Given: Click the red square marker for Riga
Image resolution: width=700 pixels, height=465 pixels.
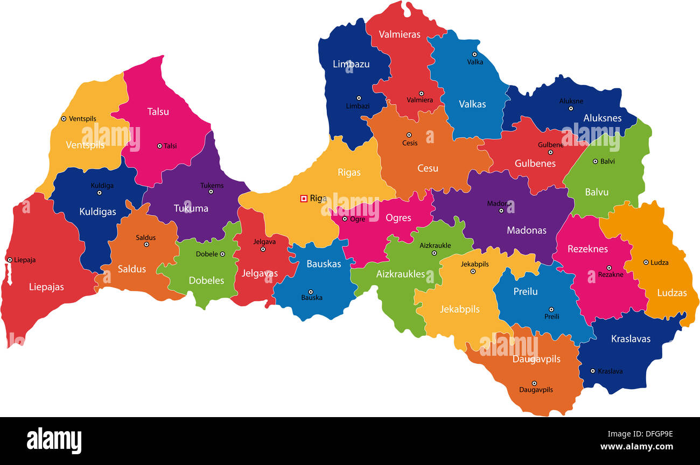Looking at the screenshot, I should [304, 199].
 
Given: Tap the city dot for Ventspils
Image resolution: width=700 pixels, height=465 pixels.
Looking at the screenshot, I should [64, 118].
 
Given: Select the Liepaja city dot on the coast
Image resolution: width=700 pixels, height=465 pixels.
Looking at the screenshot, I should [10, 260].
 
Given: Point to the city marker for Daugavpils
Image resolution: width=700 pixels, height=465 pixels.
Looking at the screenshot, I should [534, 383].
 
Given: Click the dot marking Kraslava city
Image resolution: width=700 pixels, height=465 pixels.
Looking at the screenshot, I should [592, 371].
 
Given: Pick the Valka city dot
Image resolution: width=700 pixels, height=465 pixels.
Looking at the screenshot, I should [474, 54].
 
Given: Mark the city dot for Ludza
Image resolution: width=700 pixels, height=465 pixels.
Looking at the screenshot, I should [646, 263].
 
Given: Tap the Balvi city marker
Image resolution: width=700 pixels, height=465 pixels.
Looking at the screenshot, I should [595, 161].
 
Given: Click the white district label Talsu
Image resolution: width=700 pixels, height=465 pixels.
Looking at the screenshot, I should [158, 111].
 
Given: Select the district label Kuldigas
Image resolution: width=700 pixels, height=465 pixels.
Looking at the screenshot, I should [97, 212].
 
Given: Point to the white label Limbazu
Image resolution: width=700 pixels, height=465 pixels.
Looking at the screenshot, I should [351, 64].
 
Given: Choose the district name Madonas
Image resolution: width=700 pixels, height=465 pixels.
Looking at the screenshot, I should [526, 230].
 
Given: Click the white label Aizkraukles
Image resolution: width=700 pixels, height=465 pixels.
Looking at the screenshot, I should [400, 274].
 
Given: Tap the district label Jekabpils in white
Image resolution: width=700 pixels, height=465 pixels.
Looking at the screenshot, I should [459, 309].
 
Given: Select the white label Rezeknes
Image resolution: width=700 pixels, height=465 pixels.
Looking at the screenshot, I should [587, 249].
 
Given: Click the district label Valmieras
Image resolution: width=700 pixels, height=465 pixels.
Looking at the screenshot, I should [399, 34].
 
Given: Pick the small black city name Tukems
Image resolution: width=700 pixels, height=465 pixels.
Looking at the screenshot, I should [212, 185].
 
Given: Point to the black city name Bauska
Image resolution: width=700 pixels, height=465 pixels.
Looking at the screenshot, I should [312, 297].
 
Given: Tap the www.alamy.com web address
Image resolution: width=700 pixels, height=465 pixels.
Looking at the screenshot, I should [636, 447].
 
